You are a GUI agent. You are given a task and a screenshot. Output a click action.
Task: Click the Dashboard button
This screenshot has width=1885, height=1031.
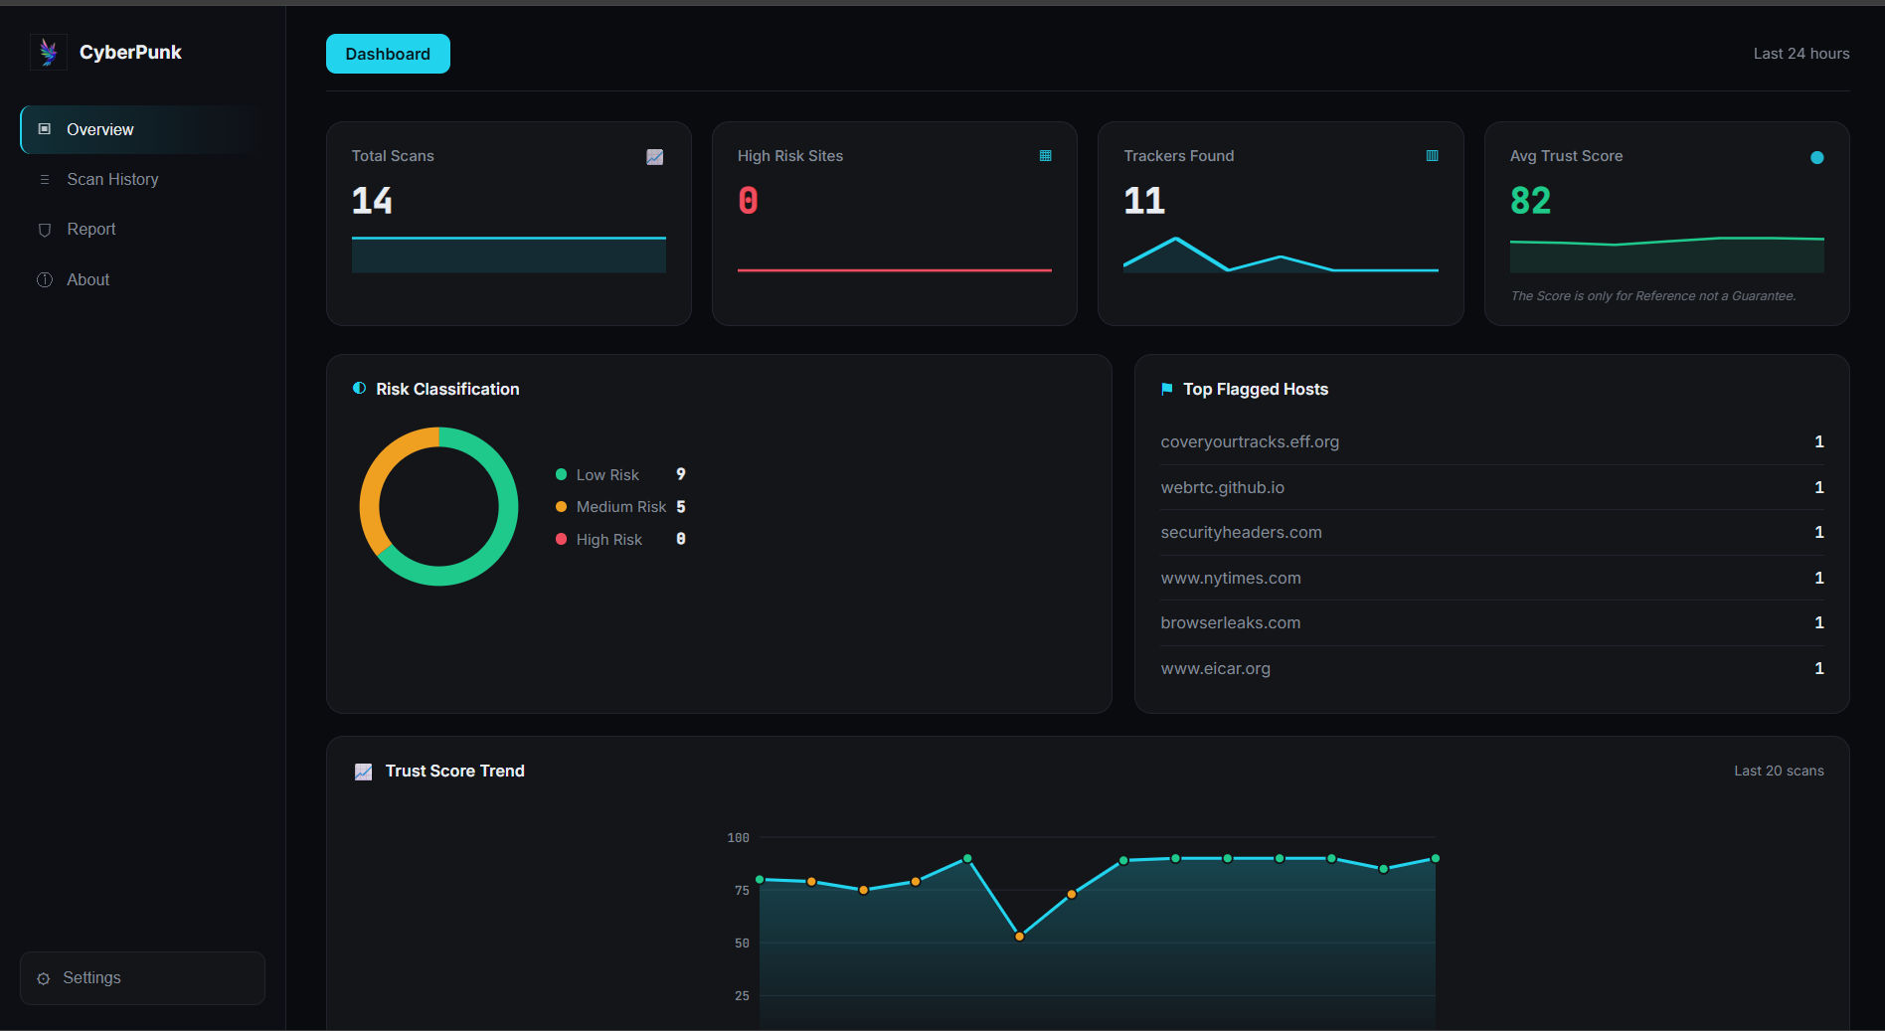(x=388, y=54)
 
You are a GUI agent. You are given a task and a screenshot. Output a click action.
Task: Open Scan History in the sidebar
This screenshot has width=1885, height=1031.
(x=112, y=179)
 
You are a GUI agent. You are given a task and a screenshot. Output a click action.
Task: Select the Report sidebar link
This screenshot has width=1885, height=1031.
(x=91, y=229)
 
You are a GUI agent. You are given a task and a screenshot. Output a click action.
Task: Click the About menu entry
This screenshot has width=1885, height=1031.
(x=88, y=279)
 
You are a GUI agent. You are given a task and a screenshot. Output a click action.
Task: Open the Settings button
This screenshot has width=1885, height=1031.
(x=142, y=978)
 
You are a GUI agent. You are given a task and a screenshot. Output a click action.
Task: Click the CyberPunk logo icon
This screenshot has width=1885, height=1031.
(x=49, y=52)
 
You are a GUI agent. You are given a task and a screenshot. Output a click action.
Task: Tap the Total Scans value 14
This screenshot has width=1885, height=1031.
(x=372, y=201)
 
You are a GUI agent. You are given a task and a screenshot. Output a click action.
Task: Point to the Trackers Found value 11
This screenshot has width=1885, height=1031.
(x=1144, y=201)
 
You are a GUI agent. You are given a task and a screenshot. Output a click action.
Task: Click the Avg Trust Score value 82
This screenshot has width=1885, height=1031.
(x=1530, y=201)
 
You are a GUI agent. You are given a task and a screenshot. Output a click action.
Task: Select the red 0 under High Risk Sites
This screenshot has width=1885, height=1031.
(x=749, y=201)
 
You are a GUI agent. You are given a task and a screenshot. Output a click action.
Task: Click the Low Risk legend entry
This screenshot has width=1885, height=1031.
(x=607, y=475)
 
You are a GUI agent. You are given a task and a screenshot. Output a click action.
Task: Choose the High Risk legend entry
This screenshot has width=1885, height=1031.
(x=609, y=539)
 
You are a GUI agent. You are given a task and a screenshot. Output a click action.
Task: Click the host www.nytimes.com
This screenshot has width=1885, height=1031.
(x=1231, y=578)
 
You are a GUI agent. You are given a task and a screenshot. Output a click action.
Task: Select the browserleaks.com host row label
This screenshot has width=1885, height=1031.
(x=1231, y=622)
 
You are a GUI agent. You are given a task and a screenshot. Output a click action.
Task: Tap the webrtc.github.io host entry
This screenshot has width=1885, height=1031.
(x=1223, y=487)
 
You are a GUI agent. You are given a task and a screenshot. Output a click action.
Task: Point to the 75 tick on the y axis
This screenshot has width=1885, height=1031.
(x=742, y=890)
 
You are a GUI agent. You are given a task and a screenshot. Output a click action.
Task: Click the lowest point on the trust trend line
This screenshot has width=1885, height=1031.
(x=1019, y=937)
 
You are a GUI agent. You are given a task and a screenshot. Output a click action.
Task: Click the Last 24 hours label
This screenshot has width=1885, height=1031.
(x=1801, y=54)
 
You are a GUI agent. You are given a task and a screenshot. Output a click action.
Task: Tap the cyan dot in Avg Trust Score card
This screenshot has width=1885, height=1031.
(x=1817, y=157)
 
